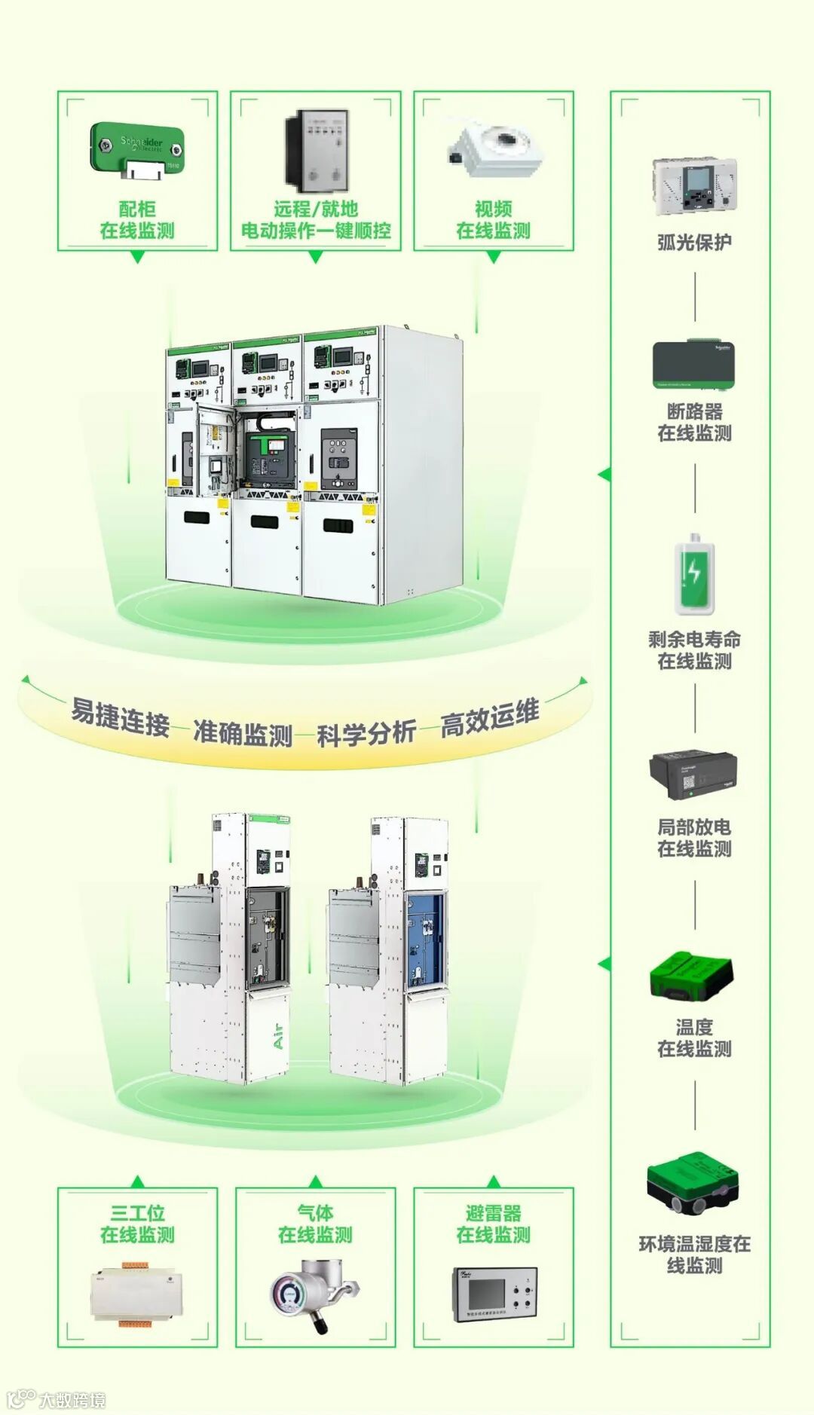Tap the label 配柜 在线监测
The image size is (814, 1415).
tap(137, 220)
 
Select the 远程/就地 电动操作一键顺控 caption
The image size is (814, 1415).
tap(316, 220)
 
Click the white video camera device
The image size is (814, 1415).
tap(494, 149)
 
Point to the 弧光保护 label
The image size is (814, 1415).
tap(694, 242)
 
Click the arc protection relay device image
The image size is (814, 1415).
tap(694, 185)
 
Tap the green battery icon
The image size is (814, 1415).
tap(694, 575)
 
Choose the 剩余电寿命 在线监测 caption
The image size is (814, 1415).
tap(694, 650)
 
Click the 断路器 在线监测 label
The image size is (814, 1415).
tap(694, 422)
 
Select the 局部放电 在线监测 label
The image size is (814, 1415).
tap(694, 838)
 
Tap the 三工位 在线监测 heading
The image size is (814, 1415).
tap(137, 1224)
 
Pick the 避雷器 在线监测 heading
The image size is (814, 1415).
tap(494, 1224)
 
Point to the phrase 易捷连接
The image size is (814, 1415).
tap(120, 717)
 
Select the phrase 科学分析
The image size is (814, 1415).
tap(366, 733)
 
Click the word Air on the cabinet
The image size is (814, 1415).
tap(278, 1036)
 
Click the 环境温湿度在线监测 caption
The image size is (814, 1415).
tap(694, 1255)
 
